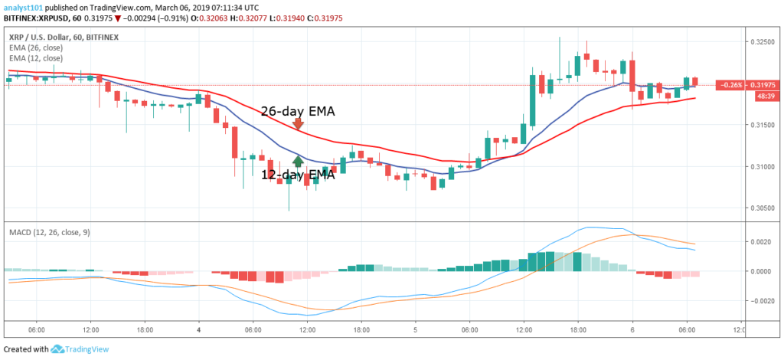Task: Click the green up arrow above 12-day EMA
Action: coord(297,162)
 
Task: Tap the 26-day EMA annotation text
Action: coord(298,111)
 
